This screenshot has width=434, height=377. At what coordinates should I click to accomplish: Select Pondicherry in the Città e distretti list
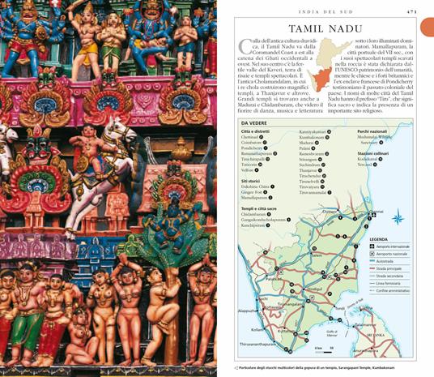253,148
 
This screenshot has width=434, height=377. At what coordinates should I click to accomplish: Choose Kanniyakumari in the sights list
313,131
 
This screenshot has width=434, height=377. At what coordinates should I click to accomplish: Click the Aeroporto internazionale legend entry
393,246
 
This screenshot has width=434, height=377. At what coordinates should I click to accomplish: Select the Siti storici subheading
253,181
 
